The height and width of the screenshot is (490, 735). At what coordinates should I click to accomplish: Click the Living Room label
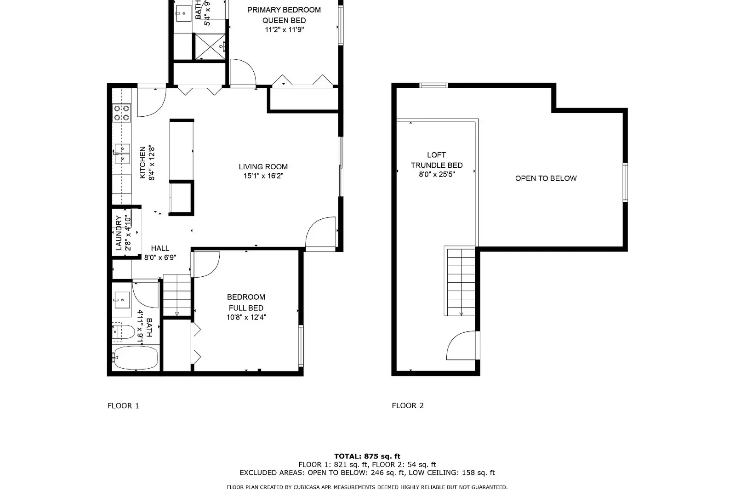coord(263,167)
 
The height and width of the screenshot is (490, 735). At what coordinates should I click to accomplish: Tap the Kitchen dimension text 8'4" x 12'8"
coord(151,163)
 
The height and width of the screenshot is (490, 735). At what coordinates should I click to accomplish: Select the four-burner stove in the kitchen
coord(122,113)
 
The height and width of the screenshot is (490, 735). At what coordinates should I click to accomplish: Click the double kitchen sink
coord(122,154)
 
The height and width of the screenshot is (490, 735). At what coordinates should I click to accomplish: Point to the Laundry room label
coord(119,233)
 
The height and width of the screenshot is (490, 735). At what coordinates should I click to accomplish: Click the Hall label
coord(160,248)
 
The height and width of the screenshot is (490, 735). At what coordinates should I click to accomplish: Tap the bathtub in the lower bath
coord(135,358)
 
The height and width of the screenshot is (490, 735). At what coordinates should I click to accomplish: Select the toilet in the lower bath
coord(123,332)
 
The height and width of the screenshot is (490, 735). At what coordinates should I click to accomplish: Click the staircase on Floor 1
coord(177,295)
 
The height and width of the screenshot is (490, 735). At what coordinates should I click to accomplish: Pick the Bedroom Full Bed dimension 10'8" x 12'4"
coord(246,317)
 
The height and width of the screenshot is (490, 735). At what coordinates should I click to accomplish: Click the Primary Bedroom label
coord(284,10)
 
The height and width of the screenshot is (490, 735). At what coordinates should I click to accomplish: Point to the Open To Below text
coord(546,178)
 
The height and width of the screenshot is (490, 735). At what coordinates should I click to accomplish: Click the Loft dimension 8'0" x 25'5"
coord(437,174)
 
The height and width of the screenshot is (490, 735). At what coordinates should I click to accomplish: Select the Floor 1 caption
coord(123,405)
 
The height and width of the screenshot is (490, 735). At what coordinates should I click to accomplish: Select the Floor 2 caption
coord(408,405)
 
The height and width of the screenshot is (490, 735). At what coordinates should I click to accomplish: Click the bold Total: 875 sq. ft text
coord(367,456)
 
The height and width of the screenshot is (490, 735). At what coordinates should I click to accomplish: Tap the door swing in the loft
coord(462,346)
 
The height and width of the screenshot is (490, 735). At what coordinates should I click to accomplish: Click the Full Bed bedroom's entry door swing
coord(206,265)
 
